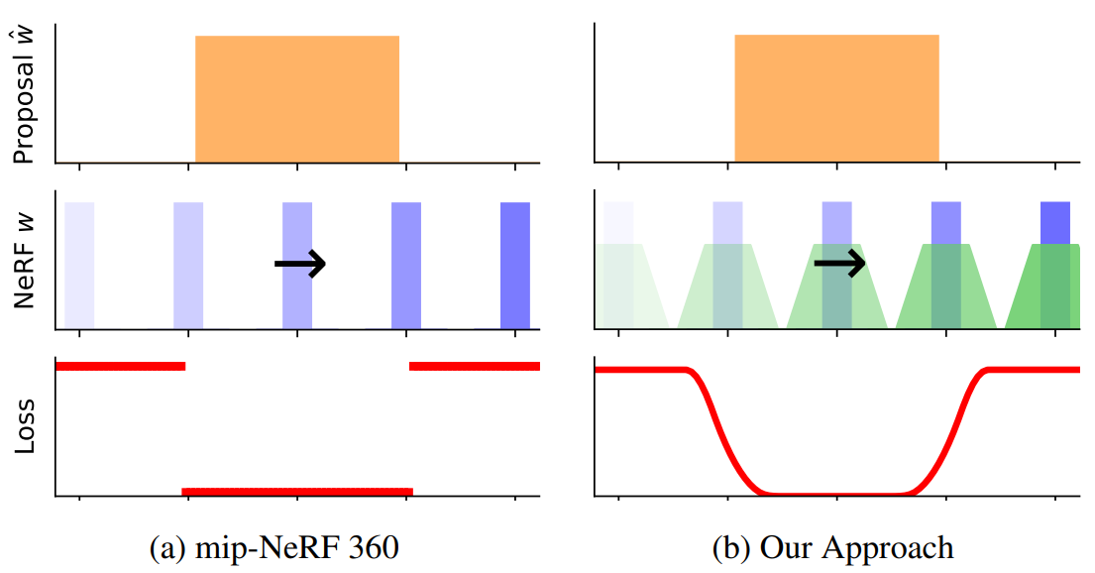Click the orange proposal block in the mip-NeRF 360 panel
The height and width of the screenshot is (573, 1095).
(297, 98)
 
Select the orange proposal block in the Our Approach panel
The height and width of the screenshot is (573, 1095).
(836, 98)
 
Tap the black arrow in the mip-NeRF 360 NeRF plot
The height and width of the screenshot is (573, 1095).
(300, 264)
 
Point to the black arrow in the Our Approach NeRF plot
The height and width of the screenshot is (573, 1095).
(840, 264)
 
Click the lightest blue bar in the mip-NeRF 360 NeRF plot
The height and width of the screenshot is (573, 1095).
(79, 266)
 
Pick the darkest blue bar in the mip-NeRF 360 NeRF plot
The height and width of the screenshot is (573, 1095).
(515, 266)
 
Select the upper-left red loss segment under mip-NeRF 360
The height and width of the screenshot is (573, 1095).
(120, 366)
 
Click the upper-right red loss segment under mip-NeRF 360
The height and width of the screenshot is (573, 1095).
(475, 366)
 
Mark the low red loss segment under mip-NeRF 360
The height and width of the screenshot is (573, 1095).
(297, 492)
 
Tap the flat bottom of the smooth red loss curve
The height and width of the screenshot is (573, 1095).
(836, 494)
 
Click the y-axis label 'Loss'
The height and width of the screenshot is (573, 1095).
(25, 426)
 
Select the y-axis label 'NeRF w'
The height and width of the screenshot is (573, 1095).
(25, 261)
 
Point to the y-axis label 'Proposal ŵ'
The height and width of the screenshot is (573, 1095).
(25, 95)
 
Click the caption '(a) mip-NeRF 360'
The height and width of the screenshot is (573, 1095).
(274, 547)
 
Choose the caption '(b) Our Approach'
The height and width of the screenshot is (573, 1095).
(832, 547)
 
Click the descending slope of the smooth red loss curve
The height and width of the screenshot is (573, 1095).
(723, 432)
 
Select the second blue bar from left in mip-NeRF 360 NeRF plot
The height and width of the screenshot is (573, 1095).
(188, 266)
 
